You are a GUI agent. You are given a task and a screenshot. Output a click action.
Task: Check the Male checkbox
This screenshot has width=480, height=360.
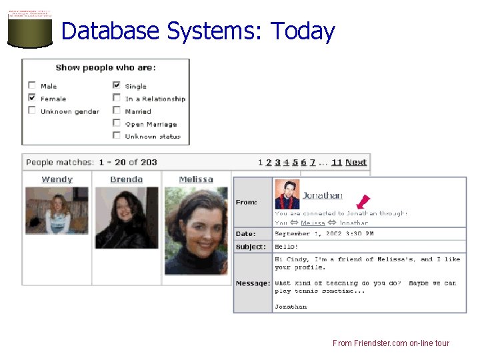32,85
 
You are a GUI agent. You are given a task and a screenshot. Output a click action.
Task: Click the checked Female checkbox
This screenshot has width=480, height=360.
32,98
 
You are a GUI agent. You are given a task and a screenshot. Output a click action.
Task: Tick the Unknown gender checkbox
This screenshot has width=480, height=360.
32,111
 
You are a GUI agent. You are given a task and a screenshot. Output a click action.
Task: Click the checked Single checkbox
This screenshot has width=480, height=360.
117,85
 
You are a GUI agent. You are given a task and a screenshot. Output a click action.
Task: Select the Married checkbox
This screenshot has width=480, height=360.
117,111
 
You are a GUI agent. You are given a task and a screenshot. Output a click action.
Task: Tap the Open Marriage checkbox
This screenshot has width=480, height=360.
117,123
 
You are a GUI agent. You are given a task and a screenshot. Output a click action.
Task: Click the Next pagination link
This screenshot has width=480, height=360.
356,162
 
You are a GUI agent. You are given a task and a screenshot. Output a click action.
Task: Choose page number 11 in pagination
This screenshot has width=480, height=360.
337,162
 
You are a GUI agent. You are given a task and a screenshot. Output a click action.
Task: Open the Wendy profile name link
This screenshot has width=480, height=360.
57,179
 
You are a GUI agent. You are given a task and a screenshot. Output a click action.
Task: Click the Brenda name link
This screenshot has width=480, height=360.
126,179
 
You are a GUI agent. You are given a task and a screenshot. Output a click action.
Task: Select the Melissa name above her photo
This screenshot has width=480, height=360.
196,179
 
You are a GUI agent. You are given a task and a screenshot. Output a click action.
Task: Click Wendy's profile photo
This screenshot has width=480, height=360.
57,211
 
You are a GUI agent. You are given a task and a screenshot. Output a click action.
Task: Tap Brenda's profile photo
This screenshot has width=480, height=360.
126,217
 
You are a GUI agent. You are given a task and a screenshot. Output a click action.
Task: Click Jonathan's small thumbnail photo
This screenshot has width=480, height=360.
287,194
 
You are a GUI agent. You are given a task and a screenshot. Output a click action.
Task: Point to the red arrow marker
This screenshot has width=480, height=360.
363,201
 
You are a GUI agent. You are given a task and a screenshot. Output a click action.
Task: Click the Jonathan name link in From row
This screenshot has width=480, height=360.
322,195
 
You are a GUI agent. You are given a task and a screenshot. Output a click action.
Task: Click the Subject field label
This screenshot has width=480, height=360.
251,247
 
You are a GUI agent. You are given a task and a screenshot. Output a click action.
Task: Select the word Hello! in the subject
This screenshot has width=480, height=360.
287,247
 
